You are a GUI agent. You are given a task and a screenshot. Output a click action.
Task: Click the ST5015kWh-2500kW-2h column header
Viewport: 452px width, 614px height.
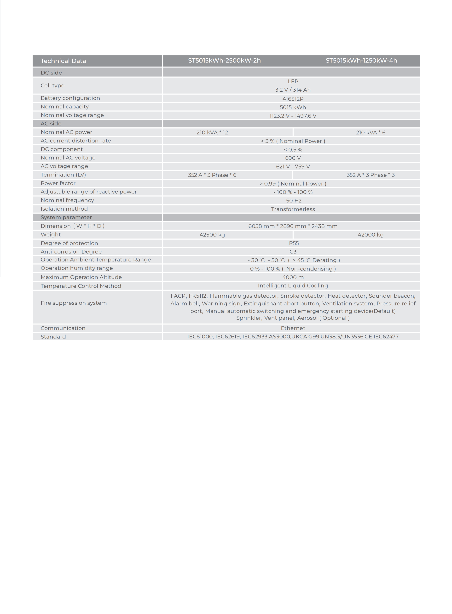224,60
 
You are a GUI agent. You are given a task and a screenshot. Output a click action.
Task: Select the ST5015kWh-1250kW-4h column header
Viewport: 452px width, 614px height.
361,60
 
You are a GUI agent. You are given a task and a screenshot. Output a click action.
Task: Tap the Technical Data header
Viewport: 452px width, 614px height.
63,61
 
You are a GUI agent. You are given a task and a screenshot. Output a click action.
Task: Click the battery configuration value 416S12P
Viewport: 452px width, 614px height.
293,99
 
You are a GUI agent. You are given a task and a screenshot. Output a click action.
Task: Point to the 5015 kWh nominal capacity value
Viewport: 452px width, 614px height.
293,107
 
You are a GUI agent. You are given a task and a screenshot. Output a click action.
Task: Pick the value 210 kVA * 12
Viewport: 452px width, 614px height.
212,132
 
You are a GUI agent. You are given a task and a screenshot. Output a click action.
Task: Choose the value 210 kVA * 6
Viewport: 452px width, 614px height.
371,132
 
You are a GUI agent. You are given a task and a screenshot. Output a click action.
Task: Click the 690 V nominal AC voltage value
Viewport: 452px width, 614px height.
293,158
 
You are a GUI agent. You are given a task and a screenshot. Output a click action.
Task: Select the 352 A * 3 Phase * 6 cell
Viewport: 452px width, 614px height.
212,175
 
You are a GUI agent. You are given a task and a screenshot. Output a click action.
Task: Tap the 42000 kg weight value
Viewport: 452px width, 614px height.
371,235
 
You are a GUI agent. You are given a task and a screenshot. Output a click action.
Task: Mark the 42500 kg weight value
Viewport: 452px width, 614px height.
212,235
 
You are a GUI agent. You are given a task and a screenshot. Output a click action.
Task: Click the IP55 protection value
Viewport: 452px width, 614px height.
293,243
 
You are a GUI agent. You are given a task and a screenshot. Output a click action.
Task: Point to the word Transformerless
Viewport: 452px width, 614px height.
293,209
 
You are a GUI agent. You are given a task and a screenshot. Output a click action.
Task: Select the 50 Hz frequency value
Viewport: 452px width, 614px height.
294,201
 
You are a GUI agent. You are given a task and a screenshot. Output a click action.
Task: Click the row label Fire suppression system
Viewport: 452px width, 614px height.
74,303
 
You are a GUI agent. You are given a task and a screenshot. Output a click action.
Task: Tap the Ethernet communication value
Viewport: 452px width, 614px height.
293,328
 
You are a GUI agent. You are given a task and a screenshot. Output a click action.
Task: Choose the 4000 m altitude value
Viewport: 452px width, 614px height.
293,277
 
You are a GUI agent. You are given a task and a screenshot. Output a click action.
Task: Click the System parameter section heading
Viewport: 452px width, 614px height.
66,217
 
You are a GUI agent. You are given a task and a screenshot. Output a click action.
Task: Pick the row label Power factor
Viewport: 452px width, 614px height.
58,183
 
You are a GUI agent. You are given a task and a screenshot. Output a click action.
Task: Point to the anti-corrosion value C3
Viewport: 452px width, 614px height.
293,252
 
